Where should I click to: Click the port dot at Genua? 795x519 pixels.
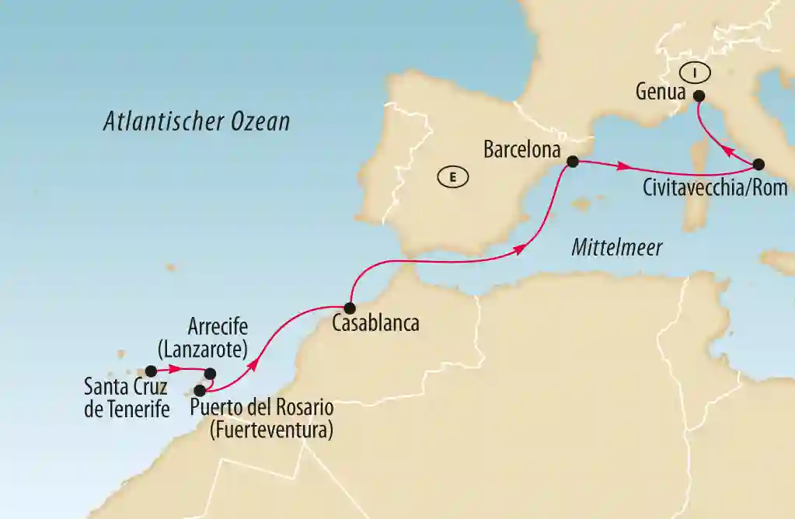pyautogui.click(x=698, y=97)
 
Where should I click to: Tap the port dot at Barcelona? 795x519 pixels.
pyautogui.click(x=573, y=162)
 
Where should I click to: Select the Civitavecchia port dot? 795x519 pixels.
pyautogui.click(x=758, y=165)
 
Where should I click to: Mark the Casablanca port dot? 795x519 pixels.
pyautogui.click(x=350, y=307)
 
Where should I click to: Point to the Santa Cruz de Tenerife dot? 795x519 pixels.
pyautogui.click(x=151, y=371)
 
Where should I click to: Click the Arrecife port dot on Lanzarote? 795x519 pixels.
pyautogui.click(x=209, y=374)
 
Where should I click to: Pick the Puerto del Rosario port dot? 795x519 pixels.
pyautogui.click(x=200, y=390)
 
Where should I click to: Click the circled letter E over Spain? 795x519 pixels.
pyautogui.click(x=452, y=178)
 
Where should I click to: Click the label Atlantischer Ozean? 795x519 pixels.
pyautogui.click(x=197, y=122)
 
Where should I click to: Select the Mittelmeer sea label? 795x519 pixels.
pyautogui.click(x=616, y=248)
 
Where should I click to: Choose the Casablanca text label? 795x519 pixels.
pyautogui.click(x=375, y=324)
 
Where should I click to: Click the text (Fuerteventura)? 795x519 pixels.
pyautogui.click(x=270, y=428)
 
